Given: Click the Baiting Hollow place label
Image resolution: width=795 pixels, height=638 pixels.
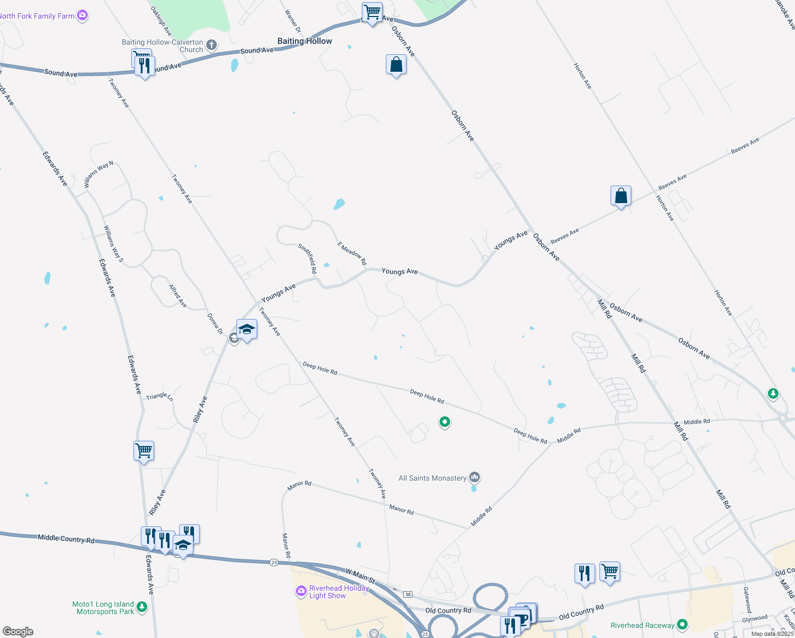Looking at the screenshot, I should [305, 41].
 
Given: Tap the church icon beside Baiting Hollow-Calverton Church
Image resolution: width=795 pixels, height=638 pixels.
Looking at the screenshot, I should [212, 45].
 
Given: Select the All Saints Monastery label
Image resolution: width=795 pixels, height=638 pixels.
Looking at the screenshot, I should [432, 478].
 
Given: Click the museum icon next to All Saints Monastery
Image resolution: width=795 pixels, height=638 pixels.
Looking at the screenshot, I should [475, 477].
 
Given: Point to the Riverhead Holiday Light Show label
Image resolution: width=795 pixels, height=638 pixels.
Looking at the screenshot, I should [339, 592].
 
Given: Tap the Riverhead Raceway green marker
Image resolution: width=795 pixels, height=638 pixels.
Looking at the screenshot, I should [683, 625].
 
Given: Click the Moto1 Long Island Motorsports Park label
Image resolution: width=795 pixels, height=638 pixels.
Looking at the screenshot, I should [104, 608].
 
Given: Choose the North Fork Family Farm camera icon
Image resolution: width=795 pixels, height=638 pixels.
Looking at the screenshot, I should [82, 15].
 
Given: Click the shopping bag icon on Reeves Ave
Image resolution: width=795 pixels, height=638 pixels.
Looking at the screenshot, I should [621, 196].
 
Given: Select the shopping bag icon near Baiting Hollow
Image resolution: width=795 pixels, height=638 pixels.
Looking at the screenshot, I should [396, 65].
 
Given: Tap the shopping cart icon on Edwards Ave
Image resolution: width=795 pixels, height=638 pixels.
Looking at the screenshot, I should [144, 451].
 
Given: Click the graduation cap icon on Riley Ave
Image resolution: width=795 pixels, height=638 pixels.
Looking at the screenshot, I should [247, 330].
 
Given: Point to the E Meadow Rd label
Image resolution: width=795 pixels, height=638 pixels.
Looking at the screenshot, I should [352, 254].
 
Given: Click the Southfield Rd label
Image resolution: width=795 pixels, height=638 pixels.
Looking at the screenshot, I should [308, 258].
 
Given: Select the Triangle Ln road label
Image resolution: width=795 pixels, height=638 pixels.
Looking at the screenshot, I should [159, 396].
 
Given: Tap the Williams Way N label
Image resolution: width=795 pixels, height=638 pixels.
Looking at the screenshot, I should [99, 174].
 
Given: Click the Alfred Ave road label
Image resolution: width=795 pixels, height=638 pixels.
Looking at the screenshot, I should [178, 296].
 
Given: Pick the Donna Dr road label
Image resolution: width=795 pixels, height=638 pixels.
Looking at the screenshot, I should [215, 324].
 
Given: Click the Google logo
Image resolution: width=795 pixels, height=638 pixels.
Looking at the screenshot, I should [18, 632].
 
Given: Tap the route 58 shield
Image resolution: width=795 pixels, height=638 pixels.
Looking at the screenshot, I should [408, 594].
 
